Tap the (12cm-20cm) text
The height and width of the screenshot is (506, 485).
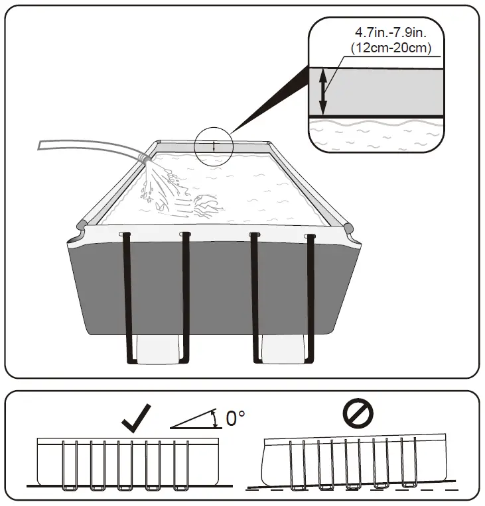(391, 47)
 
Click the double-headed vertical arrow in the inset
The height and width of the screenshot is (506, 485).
(324, 92)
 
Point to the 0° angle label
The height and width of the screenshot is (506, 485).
(236, 418)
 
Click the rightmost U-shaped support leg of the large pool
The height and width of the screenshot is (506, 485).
(310, 298)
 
